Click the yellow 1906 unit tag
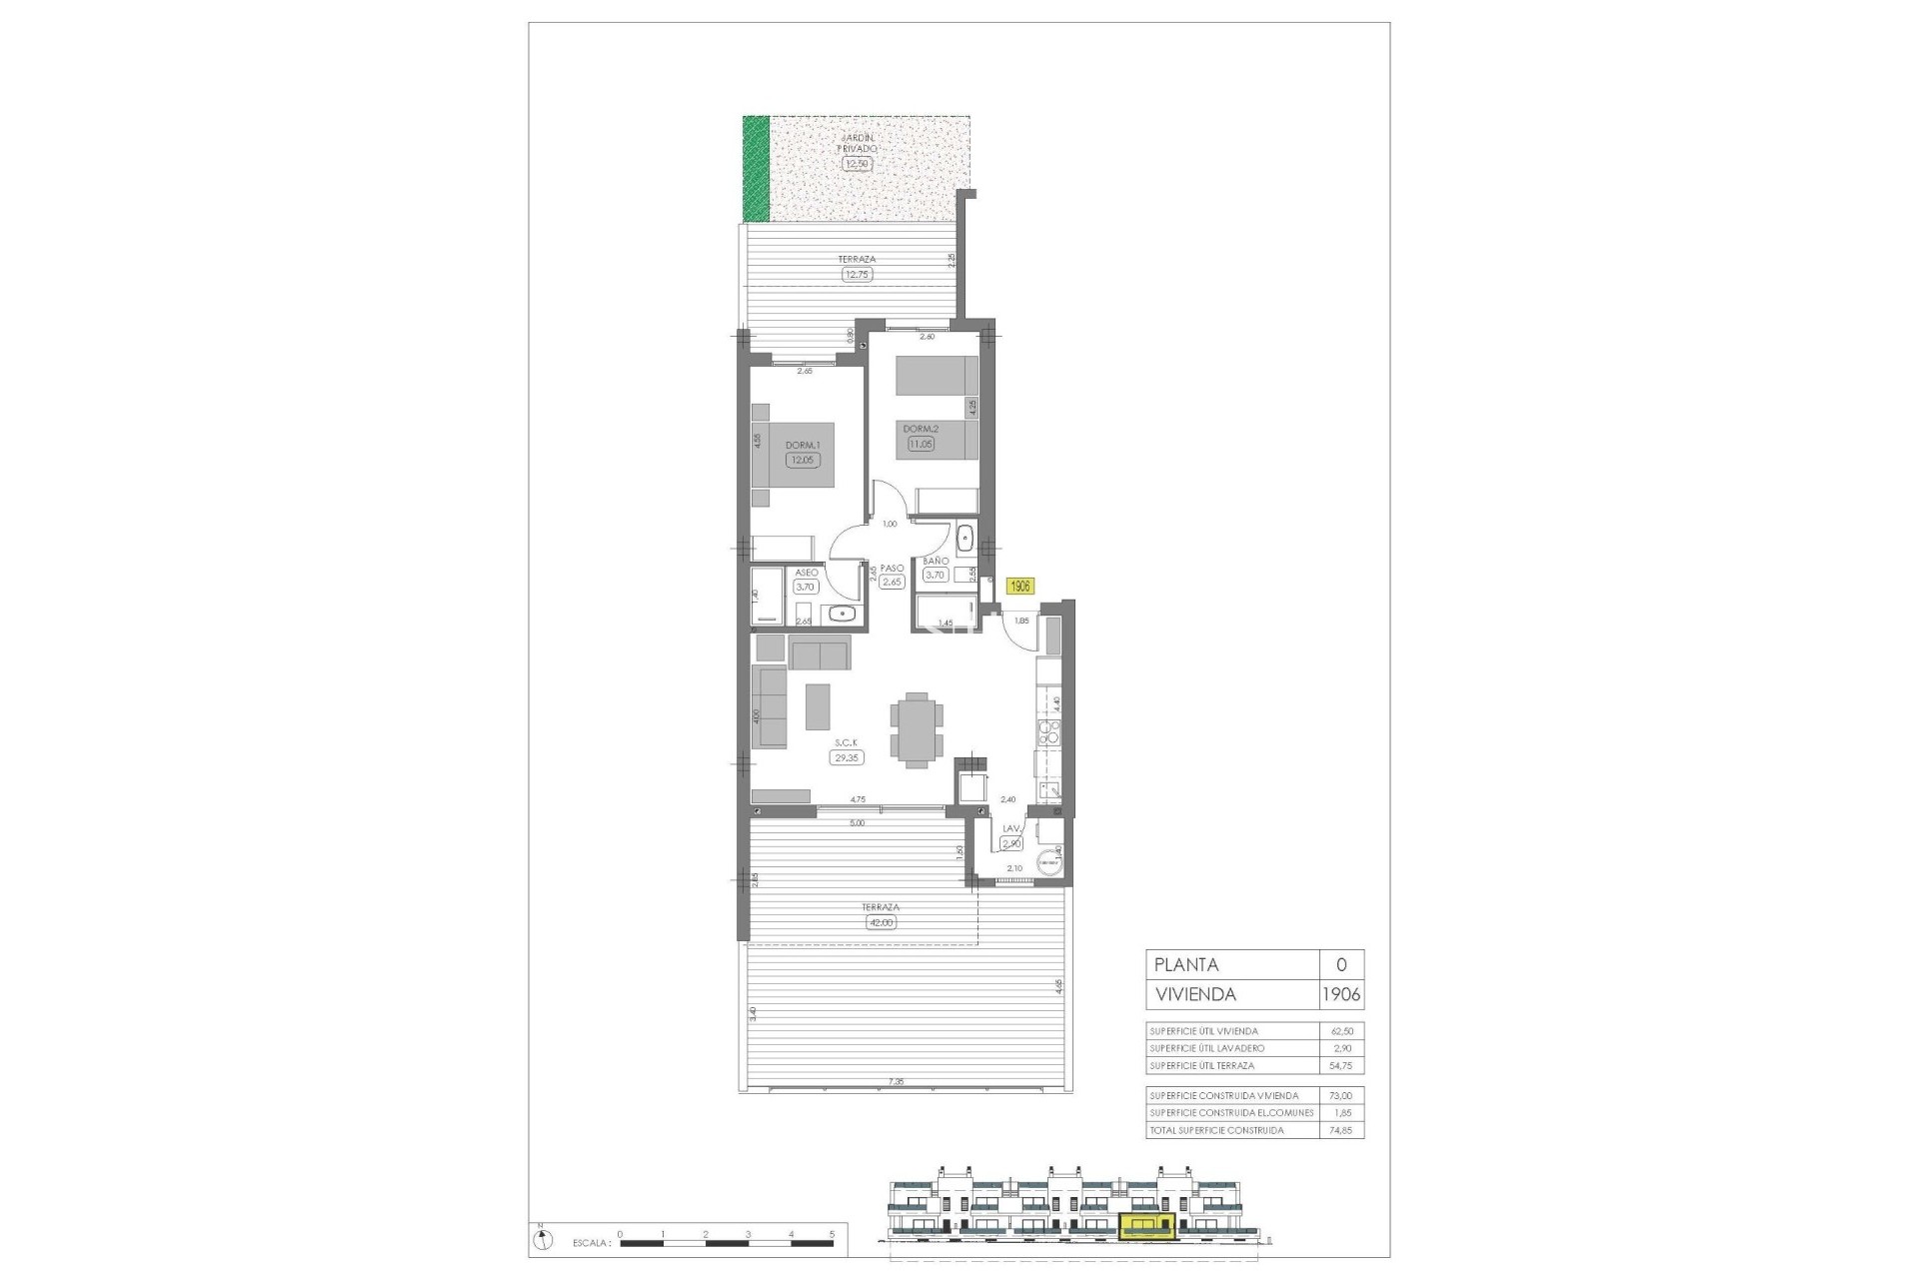pos(1019,588)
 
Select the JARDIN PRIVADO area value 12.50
pos(857,164)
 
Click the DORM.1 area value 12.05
pos(802,461)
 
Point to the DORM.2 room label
pos(921,429)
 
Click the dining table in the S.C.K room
pos(216,730)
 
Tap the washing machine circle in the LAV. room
pos(1048,862)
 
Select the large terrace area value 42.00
pos(882,922)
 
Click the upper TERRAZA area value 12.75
pos(857,274)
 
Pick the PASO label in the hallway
pos(892,568)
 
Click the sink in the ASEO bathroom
pos(843,614)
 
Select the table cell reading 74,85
pos(1341,1130)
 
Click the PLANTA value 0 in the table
pos(1341,964)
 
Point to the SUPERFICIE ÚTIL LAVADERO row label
pos(1207,1048)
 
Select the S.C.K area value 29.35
pos(846,757)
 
